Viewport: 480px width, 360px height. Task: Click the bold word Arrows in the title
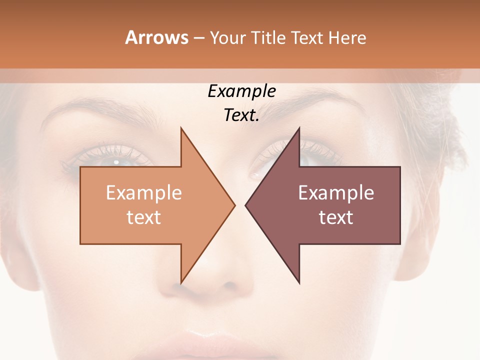(x=156, y=37)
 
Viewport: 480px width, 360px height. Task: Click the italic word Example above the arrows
(x=241, y=91)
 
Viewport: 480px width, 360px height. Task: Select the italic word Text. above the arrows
(x=241, y=115)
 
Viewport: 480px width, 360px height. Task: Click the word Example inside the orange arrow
(x=143, y=193)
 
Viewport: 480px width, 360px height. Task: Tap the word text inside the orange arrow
(x=143, y=217)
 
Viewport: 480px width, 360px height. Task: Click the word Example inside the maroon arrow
(x=336, y=193)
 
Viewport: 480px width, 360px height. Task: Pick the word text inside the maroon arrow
(x=336, y=217)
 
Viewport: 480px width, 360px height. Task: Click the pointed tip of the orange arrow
(x=234, y=205)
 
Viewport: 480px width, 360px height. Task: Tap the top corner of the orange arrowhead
(x=181, y=128)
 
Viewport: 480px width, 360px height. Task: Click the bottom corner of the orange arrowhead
(x=181, y=282)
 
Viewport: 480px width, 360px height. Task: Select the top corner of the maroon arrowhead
(x=299, y=128)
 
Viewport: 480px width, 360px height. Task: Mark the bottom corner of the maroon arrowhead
(x=299, y=282)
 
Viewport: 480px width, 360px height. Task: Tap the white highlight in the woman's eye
(x=116, y=162)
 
